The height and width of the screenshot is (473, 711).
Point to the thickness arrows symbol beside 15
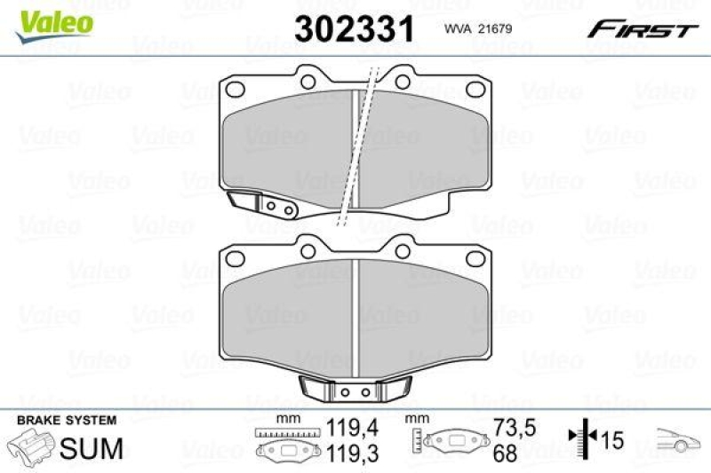[577, 439]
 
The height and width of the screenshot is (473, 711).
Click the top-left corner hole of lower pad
[236, 258]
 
